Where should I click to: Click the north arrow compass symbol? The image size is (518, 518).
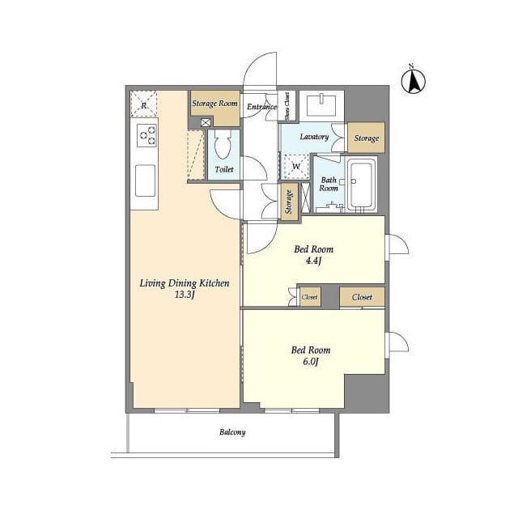pyautogui.click(x=414, y=81)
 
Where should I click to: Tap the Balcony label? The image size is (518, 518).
pyautogui.click(x=232, y=432)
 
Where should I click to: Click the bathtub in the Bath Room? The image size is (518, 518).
pyautogui.click(x=361, y=185)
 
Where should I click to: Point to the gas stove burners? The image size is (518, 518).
pyautogui.click(x=147, y=135)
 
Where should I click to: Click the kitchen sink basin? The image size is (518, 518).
pyautogui.click(x=145, y=180)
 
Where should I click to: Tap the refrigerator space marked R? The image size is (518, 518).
pyautogui.click(x=144, y=104)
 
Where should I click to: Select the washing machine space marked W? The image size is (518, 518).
pyautogui.click(x=296, y=166)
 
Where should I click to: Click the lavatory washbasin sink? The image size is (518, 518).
pyautogui.click(x=321, y=105)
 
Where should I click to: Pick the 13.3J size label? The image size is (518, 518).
pyautogui.click(x=185, y=295)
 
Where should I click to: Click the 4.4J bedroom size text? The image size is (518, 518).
pyautogui.click(x=313, y=261)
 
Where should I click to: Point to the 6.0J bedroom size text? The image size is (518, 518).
pyautogui.click(x=310, y=362)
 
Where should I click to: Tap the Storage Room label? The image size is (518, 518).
pyautogui.click(x=214, y=104)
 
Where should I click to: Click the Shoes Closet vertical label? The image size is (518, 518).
pyautogui.click(x=287, y=106)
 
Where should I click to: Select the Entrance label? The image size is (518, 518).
pyautogui.click(x=262, y=106)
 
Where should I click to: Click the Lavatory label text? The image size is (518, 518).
pyautogui.click(x=314, y=137)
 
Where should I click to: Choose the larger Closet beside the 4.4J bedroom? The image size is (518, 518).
pyautogui.click(x=362, y=297)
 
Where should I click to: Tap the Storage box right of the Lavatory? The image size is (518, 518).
pyautogui.click(x=367, y=138)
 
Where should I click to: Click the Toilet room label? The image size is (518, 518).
pyautogui.click(x=224, y=169)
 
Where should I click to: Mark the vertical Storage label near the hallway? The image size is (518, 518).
pyautogui.click(x=289, y=202)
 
